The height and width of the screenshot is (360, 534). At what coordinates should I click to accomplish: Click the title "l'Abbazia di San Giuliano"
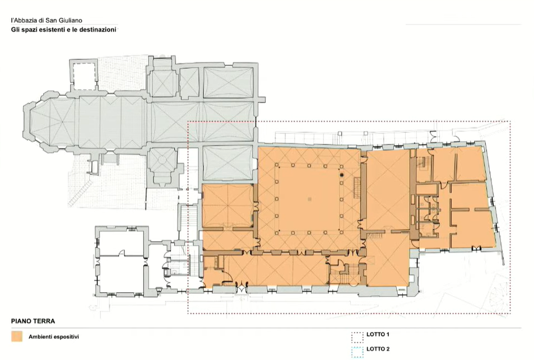point(47,20)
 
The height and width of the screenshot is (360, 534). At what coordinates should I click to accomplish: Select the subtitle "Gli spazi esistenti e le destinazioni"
point(64,30)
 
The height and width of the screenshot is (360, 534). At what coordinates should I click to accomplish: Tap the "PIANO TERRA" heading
point(33,321)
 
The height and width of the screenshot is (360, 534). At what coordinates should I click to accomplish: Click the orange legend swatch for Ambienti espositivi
point(17,336)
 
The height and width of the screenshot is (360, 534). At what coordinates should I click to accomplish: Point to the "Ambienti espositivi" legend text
point(54,337)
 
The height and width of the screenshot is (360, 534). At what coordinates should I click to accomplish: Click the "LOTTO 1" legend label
point(378,334)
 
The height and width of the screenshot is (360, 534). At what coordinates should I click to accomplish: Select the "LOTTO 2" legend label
point(378,349)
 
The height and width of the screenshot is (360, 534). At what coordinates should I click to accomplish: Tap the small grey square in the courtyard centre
point(309,199)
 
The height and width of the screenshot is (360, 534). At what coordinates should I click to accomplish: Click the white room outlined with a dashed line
point(84,76)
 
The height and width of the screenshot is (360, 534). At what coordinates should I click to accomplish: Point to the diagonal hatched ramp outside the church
point(80,193)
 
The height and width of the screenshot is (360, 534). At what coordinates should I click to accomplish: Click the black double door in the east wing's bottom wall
point(476,248)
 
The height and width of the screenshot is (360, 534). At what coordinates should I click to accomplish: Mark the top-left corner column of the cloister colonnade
point(277,166)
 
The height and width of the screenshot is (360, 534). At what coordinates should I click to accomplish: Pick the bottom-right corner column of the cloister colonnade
point(342,232)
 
